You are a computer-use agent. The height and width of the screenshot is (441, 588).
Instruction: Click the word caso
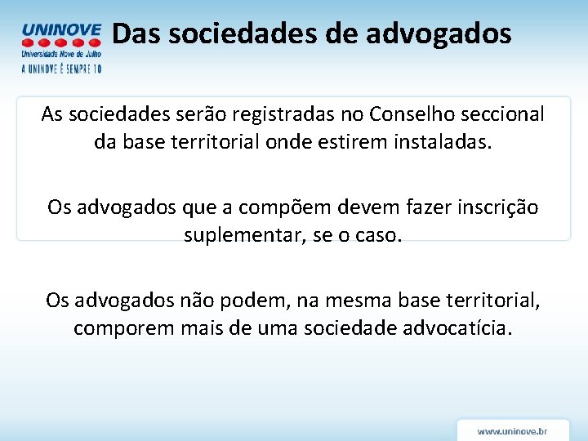point(381,236)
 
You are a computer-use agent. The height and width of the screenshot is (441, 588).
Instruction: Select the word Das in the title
point(134,33)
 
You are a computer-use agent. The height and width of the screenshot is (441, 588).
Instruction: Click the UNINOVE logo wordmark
point(61,30)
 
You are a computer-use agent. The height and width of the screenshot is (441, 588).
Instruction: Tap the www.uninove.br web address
point(512,430)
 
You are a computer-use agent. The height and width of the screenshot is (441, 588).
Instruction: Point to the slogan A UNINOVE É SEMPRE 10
point(61,69)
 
